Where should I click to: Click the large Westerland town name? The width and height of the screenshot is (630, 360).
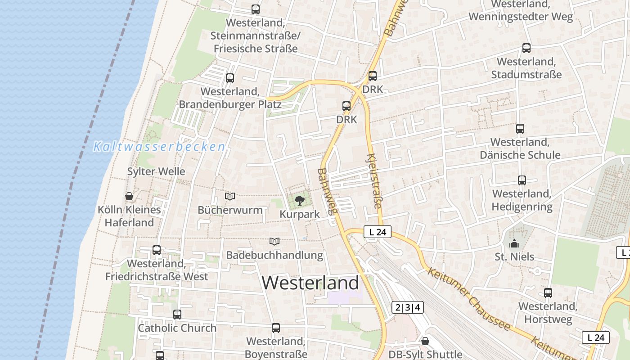(310, 283)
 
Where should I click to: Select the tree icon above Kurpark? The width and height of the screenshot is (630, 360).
(299, 200)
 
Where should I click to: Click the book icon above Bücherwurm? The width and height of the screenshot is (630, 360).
(230, 196)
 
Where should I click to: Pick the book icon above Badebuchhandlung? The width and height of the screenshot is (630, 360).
(274, 242)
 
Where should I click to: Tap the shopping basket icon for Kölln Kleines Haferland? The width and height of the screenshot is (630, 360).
(129, 196)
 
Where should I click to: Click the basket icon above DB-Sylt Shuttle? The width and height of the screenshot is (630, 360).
(425, 341)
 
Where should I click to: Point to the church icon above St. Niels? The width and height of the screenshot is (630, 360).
(514, 244)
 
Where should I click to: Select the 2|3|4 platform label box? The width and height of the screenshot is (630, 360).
(408, 307)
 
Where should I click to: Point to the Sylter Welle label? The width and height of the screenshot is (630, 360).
(156, 171)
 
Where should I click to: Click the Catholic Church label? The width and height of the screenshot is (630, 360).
(177, 328)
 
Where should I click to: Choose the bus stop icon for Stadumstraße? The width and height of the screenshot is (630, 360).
(526, 48)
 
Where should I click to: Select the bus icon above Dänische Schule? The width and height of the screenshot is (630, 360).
(520, 129)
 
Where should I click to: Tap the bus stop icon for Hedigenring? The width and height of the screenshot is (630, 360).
(522, 180)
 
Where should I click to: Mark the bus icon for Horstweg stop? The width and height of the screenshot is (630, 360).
(548, 293)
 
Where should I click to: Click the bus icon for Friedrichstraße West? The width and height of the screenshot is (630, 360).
(157, 250)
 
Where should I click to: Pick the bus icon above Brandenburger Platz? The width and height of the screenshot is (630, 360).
(230, 78)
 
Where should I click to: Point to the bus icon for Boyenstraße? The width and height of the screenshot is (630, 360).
(276, 328)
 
